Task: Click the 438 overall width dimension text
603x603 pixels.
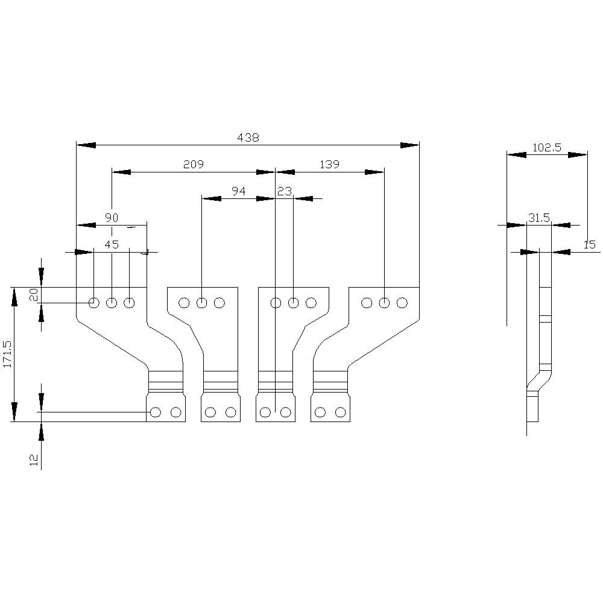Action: (248, 137)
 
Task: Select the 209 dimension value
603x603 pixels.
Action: (194, 164)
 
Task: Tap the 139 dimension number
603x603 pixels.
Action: (330, 164)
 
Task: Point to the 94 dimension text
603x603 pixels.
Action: (239, 191)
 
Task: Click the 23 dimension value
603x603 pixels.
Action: (285, 191)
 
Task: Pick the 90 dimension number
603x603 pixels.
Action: (112, 218)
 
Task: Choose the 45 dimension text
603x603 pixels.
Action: (112, 245)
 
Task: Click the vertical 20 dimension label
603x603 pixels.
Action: (34, 294)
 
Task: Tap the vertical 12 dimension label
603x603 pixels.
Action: (34, 460)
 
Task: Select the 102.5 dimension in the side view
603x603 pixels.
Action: (547, 147)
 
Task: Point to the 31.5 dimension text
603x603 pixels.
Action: (539, 218)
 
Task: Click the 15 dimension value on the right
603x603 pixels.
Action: (589, 245)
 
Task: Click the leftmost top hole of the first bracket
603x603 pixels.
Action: (94, 303)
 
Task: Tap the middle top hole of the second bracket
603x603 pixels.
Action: (202, 303)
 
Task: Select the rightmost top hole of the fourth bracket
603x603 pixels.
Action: (402, 303)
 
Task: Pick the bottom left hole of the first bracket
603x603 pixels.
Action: (156, 412)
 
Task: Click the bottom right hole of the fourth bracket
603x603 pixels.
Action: (341, 412)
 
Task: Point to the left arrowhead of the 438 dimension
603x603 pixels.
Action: (86, 145)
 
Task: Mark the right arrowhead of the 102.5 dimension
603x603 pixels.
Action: (577, 155)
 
